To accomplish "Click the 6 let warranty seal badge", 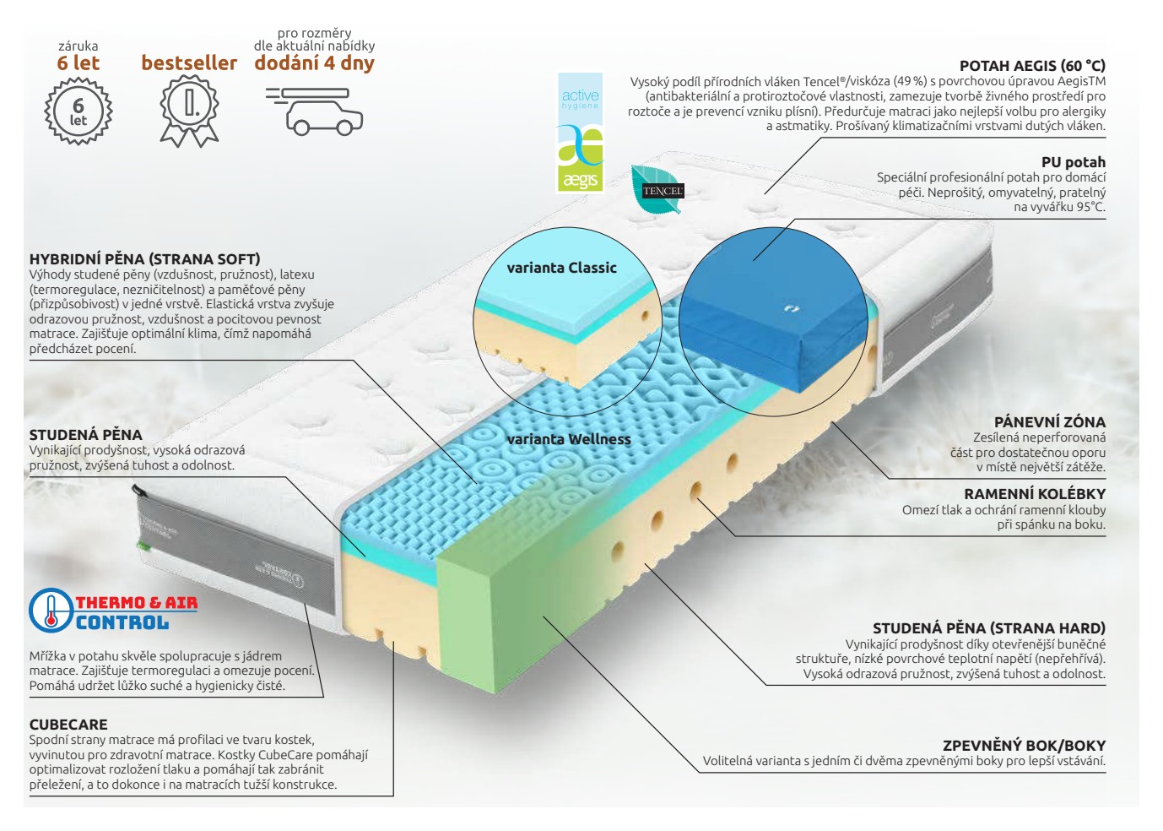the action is [x=78, y=111].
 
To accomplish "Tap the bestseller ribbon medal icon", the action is [x=190, y=111].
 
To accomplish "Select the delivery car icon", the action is [x=315, y=111].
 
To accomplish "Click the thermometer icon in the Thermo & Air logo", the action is [x=51, y=611].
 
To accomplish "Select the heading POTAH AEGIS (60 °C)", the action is [x=1032, y=66].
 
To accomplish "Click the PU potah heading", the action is [x=1074, y=162].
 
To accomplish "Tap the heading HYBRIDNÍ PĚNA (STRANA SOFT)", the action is [x=145, y=258].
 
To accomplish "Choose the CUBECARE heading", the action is [x=68, y=725].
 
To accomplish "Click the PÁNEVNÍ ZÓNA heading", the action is [x=1050, y=421].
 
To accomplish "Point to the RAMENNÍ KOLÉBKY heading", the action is [x=1035, y=493].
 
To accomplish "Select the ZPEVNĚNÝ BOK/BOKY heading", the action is [x=1024, y=746].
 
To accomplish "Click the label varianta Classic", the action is [x=562, y=268].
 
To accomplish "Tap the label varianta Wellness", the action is [x=569, y=439].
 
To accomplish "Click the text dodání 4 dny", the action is [x=315, y=63].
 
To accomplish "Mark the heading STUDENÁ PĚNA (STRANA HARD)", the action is [x=989, y=628].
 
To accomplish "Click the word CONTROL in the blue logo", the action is [x=122, y=622].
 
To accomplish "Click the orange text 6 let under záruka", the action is [x=78, y=63].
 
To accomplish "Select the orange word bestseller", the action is [x=190, y=62].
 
